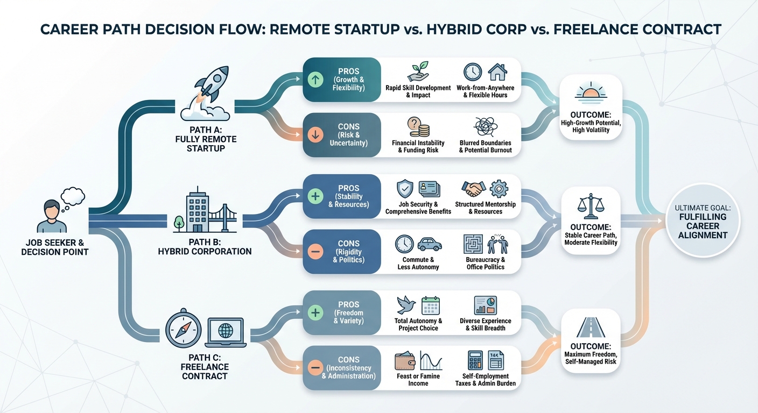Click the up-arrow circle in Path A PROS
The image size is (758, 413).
click(x=317, y=80)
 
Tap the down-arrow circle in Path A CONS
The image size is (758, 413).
click(x=317, y=134)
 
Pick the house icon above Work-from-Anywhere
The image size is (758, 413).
click(x=497, y=72)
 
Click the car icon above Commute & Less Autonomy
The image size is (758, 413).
click(x=429, y=244)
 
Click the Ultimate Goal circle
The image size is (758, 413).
click(x=703, y=221)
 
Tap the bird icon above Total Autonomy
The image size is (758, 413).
click(x=405, y=305)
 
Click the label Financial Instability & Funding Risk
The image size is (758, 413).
click(x=418, y=146)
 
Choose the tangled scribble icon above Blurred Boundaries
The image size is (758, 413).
click(x=485, y=127)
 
